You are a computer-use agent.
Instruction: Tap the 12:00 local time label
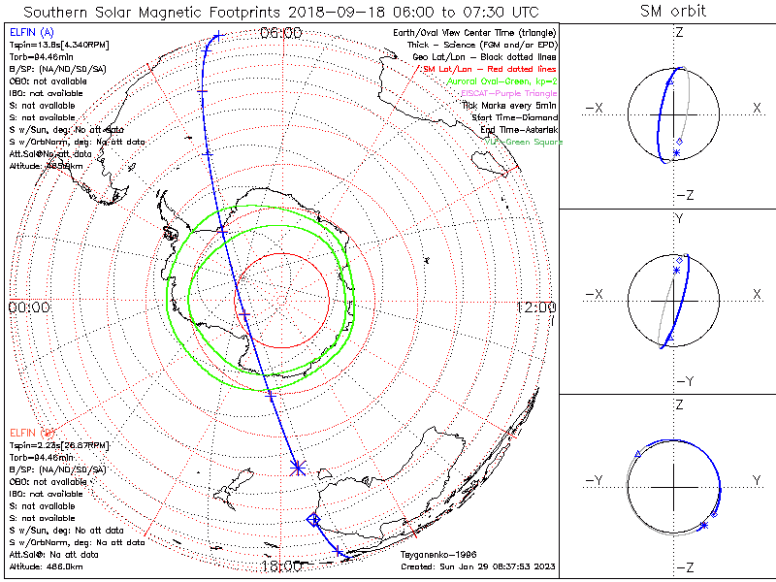tap(536, 307)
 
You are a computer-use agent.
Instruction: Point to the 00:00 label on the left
tap(29, 307)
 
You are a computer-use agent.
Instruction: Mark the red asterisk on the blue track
tap(297, 469)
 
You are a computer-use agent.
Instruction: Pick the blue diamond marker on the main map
tap(313, 520)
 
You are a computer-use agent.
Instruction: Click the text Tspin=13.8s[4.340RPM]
tap(55, 46)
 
